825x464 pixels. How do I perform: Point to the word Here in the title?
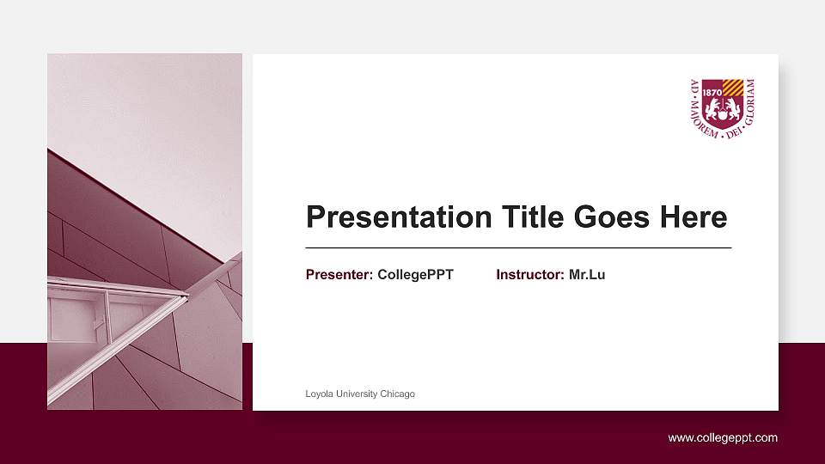pos(694,217)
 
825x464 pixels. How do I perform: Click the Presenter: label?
pos(339,275)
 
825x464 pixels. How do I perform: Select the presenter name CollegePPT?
pos(415,275)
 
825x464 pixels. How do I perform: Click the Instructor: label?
pos(530,275)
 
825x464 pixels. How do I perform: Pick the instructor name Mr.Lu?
pos(587,275)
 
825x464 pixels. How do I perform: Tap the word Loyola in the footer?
pos(319,394)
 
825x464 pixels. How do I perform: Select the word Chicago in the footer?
pos(397,394)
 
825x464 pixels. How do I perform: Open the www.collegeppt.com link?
pos(723,438)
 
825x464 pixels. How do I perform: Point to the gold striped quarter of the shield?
pos(732,88)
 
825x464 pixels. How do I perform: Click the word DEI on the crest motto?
pos(733,134)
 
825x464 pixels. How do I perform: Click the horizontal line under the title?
pos(518,247)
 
